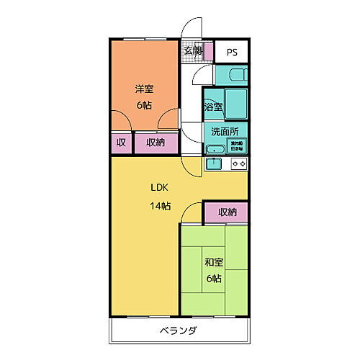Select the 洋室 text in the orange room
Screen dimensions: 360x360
click(x=143, y=89)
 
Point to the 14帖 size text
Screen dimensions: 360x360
click(x=160, y=206)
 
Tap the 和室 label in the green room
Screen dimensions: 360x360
click(x=213, y=262)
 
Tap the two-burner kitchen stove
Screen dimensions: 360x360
click(x=239, y=164)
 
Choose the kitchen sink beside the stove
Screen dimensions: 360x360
click(x=214, y=164)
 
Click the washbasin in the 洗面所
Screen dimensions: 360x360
click(x=215, y=149)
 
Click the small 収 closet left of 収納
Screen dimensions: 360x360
click(x=121, y=143)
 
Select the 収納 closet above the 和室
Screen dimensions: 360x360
click(x=228, y=212)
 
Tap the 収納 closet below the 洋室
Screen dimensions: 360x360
click(x=156, y=143)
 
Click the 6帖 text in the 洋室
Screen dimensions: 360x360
click(x=143, y=106)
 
